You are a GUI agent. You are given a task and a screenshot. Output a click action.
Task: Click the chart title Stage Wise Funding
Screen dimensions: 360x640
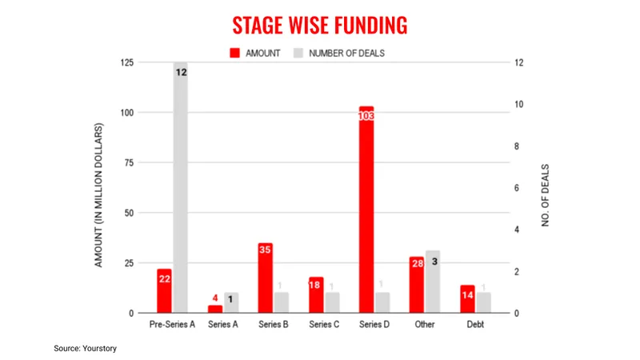[x=319, y=25]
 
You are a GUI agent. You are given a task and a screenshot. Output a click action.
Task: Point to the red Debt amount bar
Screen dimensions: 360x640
[x=467, y=298]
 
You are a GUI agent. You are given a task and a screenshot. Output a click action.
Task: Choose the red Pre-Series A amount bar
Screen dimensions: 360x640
[x=164, y=291]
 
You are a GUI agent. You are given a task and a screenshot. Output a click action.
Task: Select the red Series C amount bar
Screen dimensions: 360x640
[x=316, y=295]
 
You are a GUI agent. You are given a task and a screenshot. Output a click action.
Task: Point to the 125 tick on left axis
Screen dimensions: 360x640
[x=126, y=63]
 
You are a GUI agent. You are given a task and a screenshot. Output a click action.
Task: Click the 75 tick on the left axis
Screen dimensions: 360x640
[x=128, y=162]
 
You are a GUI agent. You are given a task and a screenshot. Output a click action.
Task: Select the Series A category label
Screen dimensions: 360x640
[x=223, y=326]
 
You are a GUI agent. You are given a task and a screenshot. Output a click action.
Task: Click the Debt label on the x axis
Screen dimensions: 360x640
[x=475, y=326]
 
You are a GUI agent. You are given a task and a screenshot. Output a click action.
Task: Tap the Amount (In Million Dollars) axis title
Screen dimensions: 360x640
[x=100, y=194]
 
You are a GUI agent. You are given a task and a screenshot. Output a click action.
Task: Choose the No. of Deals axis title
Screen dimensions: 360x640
[x=546, y=196]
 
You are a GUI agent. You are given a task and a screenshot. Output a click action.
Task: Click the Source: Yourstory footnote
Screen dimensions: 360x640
[x=86, y=349]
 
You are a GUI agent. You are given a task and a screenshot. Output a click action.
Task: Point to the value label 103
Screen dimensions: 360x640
[x=366, y=116]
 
